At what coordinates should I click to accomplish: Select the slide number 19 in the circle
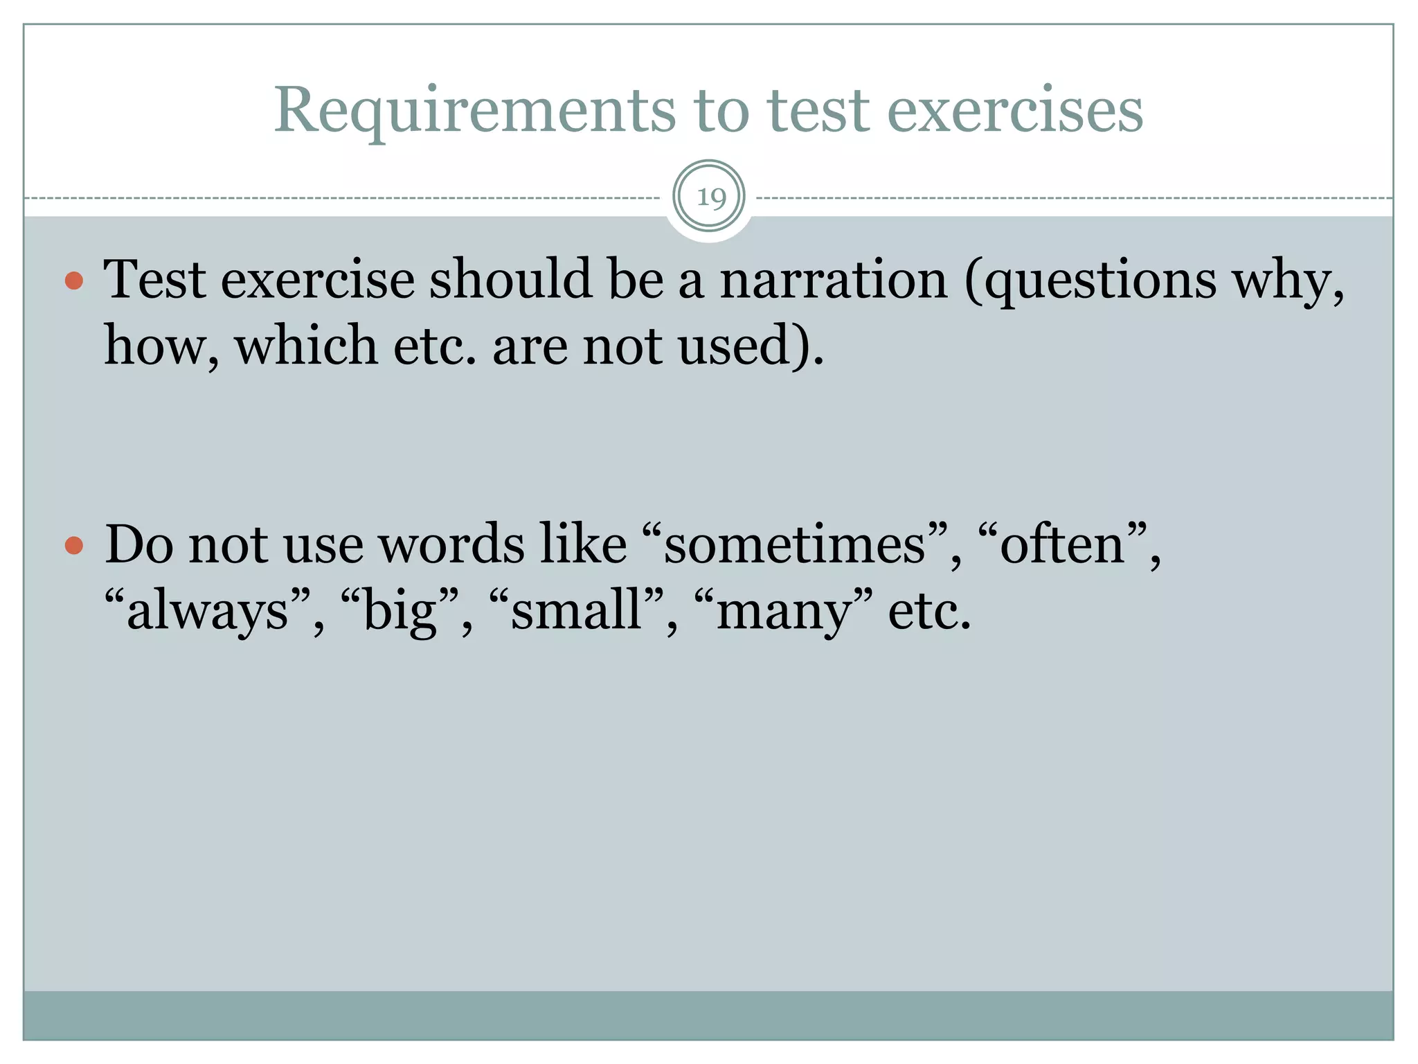[x=710, y=197]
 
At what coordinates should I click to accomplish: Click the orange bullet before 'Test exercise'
[x=74, y=281]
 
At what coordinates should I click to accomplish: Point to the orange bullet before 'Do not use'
[x=74, y=546]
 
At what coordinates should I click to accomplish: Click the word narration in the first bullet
[x=833, y=281]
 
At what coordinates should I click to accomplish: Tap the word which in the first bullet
[x=306, y=345]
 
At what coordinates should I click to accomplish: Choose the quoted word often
[x=1063, y=544]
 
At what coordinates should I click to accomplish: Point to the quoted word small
[x=576, y=611]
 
